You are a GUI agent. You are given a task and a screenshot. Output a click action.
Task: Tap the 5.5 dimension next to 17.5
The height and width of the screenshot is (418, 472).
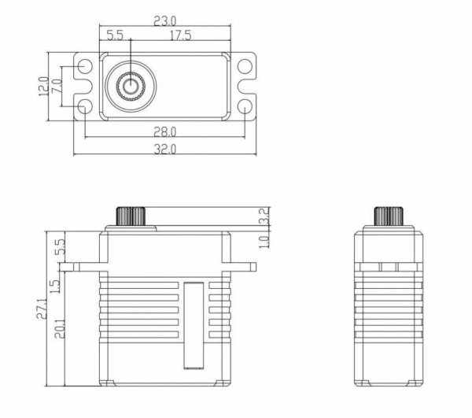tap(115, 35)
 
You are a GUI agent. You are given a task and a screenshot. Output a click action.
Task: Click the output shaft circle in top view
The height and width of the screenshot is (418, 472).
tap(131, 86)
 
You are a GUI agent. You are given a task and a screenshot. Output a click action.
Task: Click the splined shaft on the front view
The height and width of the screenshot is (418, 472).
tap(131, 216)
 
